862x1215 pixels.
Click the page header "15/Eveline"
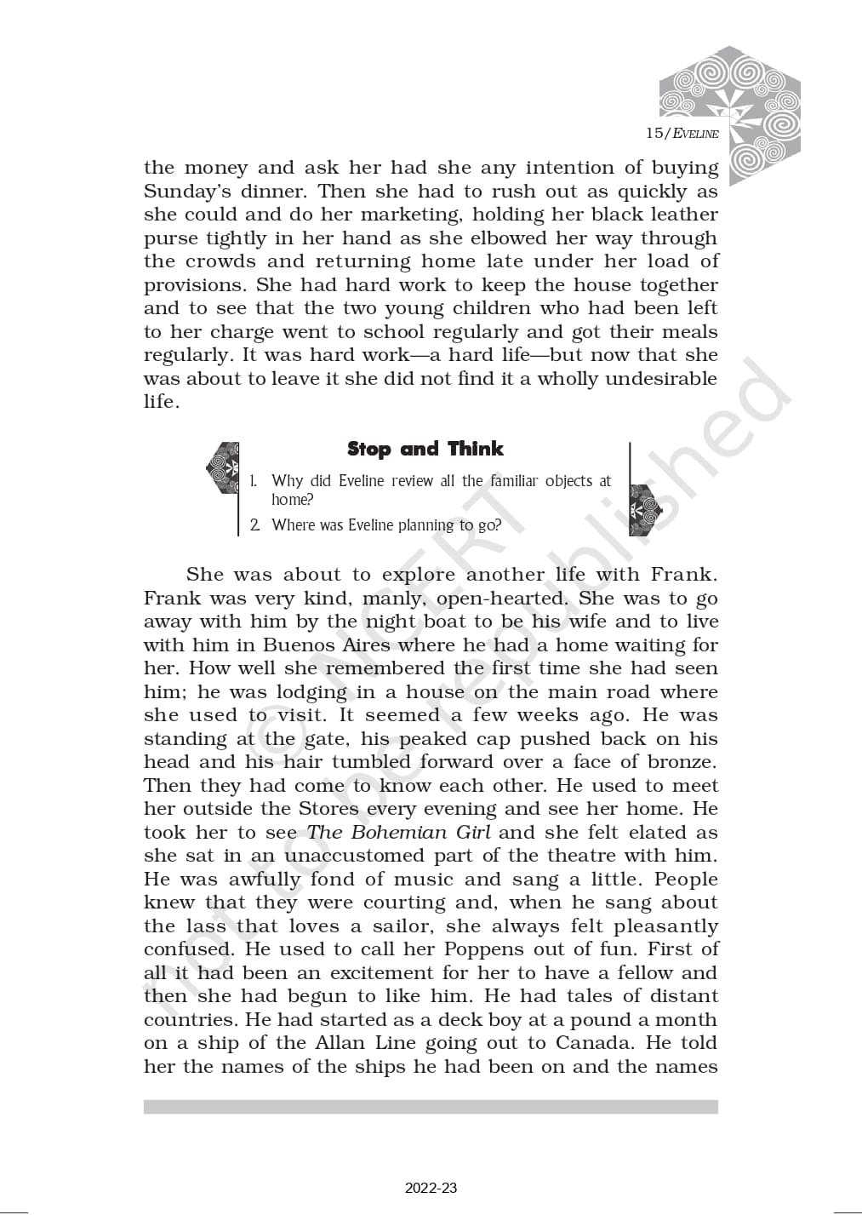tap(682, 133)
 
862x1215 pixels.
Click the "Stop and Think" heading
tap(425, 449)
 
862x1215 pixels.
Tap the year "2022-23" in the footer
tap(431, 1188)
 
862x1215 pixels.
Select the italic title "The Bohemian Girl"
tap(398, 833)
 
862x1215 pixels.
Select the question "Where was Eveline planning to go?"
tap(385, 525)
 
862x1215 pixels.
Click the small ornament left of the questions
tap(223, 467)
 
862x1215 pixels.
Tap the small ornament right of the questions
tap(644, 510)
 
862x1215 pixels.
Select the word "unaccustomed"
tap(354, 856)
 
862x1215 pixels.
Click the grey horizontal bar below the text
tap(431, 1107)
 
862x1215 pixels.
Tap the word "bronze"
tap(680, 762)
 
